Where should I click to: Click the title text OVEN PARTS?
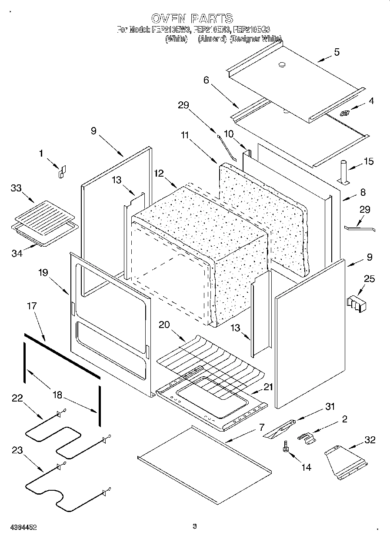click(192, 18)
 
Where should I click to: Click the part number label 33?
click(17, 188)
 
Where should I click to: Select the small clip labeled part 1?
click(62, 172)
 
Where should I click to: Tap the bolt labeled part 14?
click(286, 447)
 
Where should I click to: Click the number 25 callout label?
click(369, 279)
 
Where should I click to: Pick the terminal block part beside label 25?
click(357, 304)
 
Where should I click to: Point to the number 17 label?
click(32, 306)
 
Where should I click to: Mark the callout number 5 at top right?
click(337, 52)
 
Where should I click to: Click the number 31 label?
click(330, 406)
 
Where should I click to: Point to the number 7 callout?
click(261, 427)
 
